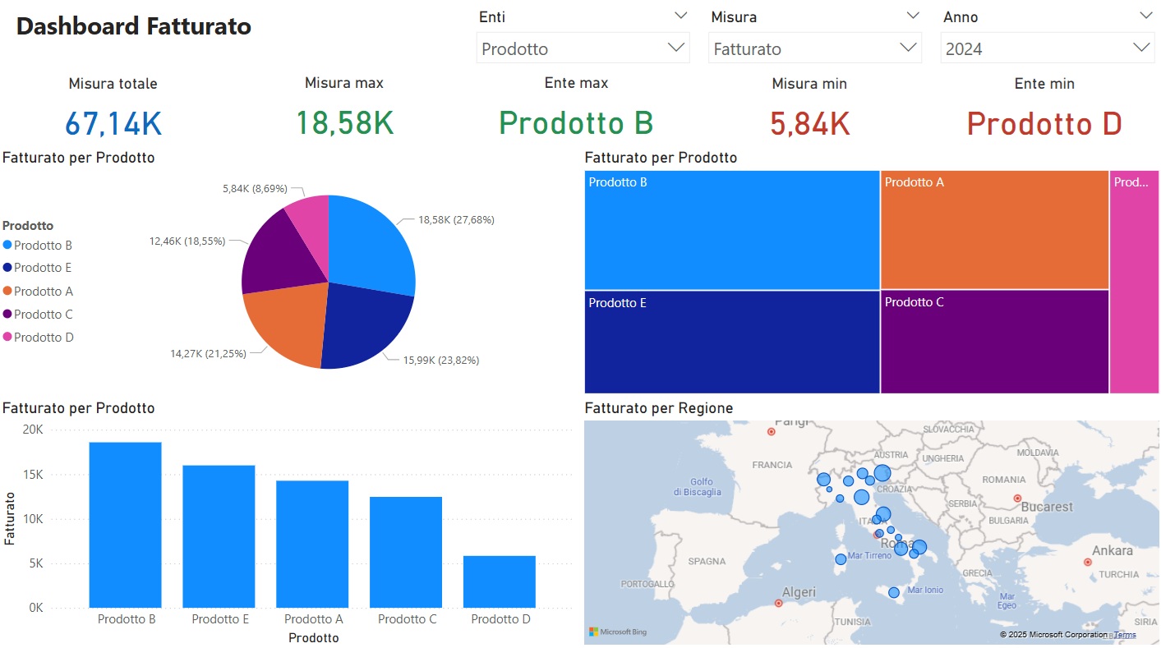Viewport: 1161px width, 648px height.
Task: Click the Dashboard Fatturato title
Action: (133, 26)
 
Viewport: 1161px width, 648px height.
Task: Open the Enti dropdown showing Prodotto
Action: (583, 48)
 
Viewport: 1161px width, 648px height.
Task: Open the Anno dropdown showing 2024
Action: (1047, 48)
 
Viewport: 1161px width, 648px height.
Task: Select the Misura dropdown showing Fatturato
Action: (814, 48)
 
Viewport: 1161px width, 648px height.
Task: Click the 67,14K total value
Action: (113, 123)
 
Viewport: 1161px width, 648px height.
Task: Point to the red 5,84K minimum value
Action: (809, 123)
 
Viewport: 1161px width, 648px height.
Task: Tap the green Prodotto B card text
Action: (575, 123)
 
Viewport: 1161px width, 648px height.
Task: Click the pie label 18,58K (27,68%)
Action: (456, 220)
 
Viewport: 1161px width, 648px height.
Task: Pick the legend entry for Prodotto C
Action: (43, 314)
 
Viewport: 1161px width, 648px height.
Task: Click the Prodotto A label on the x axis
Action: (313, 619)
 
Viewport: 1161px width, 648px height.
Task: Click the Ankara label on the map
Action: (1112, 551)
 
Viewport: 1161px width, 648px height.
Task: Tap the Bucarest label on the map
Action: (1046, 507)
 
